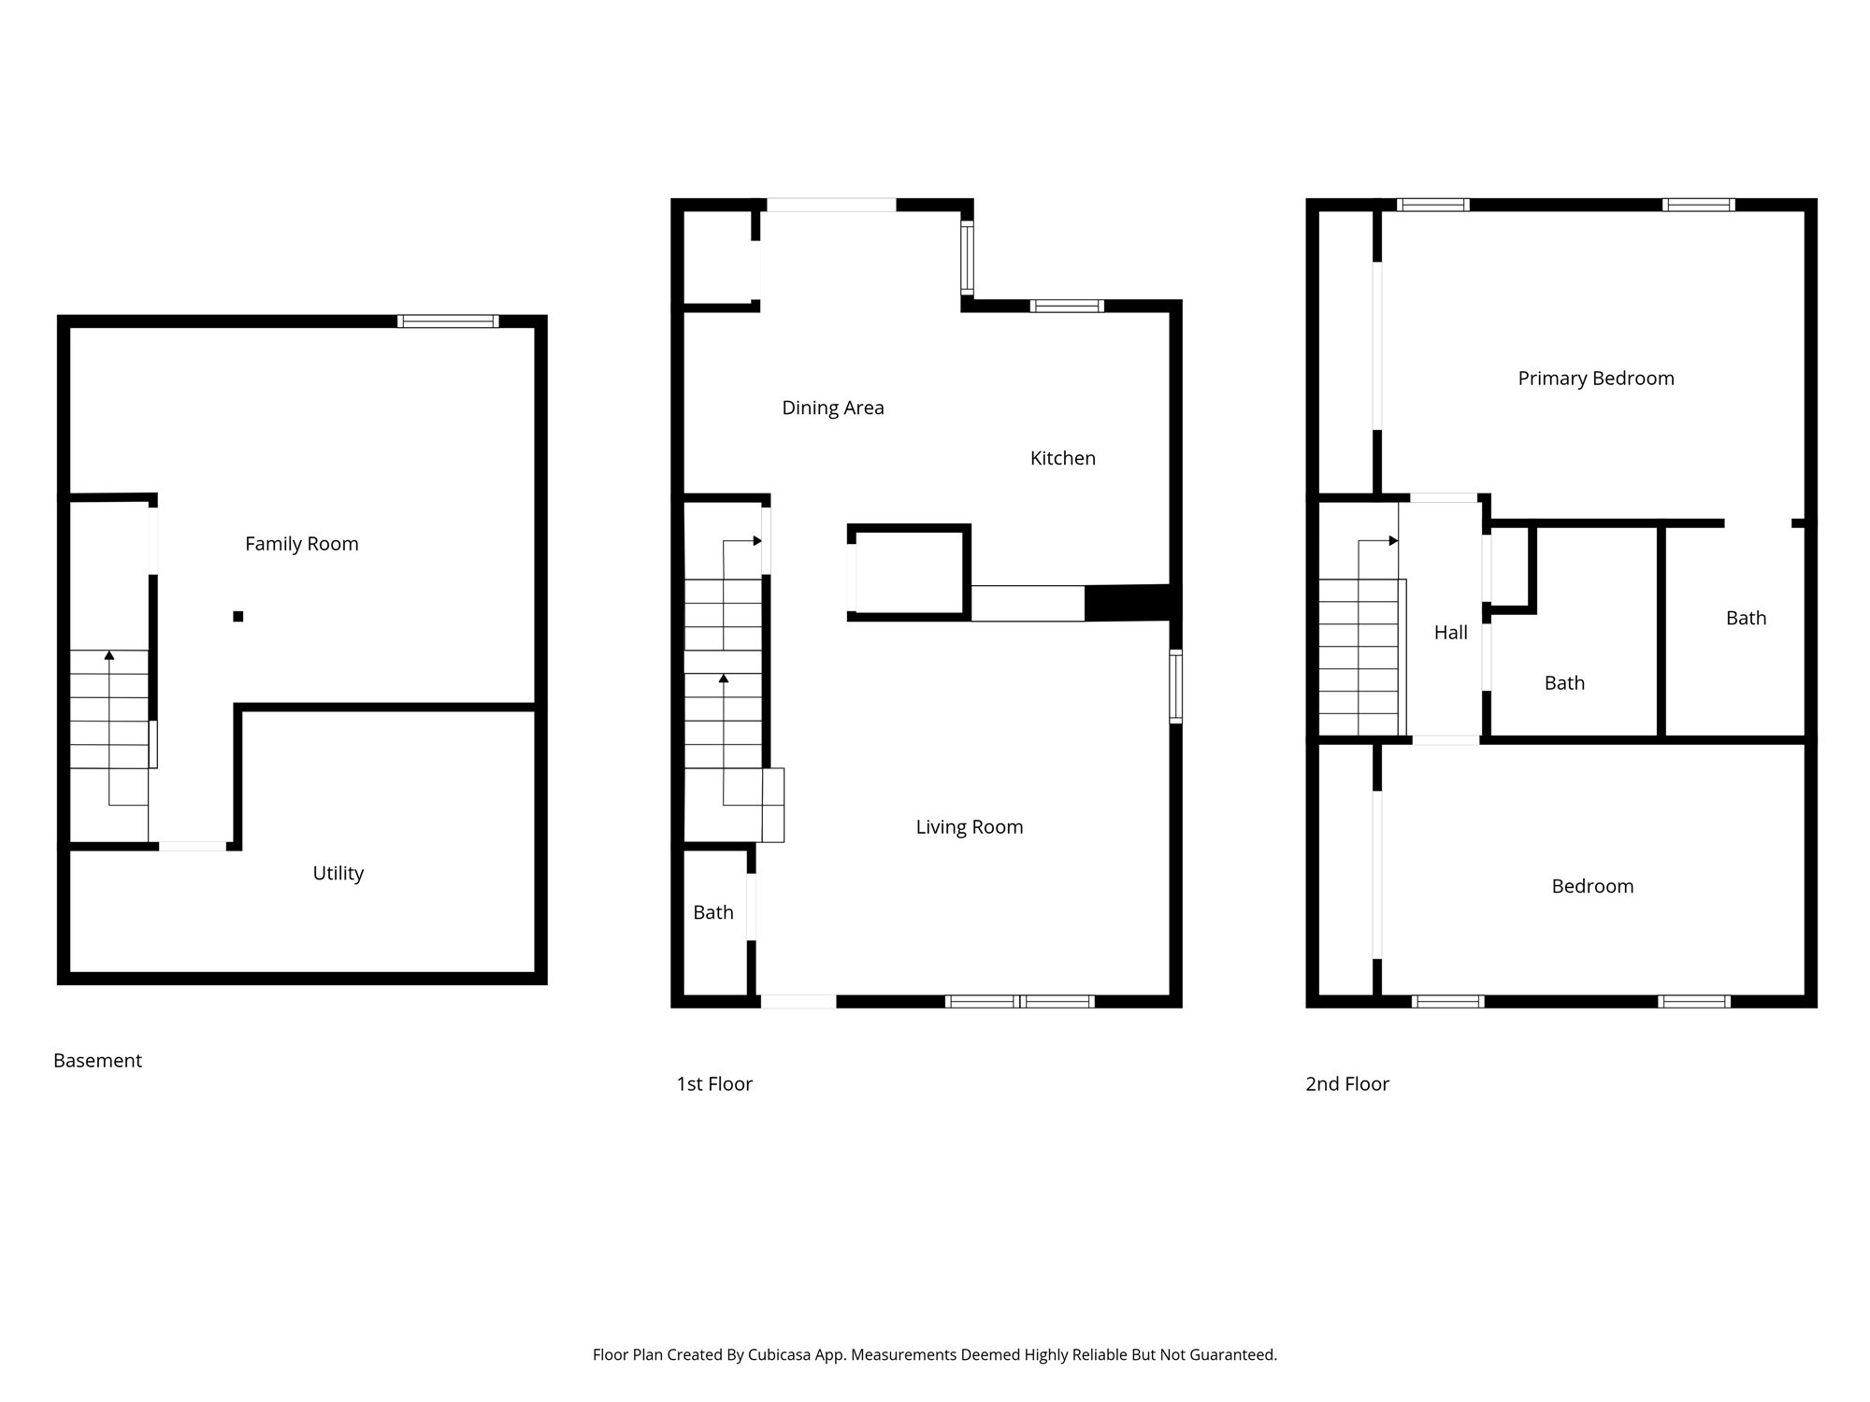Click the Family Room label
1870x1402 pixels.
click(x=301, y=544)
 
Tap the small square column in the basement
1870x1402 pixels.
click(x=238, y=616)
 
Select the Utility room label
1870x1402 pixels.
click(x=338, y=873)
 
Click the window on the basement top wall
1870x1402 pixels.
click(x=448, y=322)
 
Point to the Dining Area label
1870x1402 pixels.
click(x=832, y=408)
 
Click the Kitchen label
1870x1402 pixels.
click(x=1062, y=458)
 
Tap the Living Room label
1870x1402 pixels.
click(x=969, y=827)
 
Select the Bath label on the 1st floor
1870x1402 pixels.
click(x=712, y=912)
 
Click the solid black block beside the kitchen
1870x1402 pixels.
click(x=1128, y=603)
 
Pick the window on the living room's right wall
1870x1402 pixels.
click(x=1176, y=687)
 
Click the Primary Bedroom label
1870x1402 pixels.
click(x=1595, y=379)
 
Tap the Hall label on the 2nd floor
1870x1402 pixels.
click(x=1450, y=633)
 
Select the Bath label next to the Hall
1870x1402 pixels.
click(x=1564, y=683)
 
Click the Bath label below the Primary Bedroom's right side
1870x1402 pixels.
click(x=1746, y=618)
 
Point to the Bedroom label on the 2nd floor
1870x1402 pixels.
click(x=1592, y=886)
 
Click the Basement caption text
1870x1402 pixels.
click(x=97, y=1061)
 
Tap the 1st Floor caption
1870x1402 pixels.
click(x=714, y=1084)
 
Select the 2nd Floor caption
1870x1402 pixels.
click(x=1346, y=1084)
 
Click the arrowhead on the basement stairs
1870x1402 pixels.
click(x=109, y=655)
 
